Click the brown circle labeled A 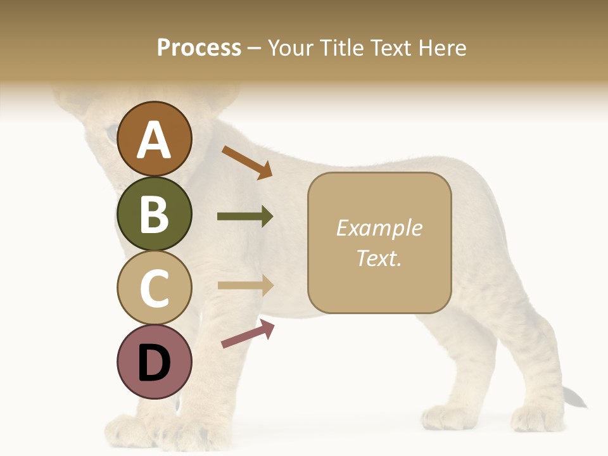click(x=155, y=139)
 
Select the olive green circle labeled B click(x=155, y=213)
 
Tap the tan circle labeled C click(x=155, y=288)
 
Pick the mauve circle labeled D click(x=155, y=362)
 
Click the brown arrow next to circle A click(x=247, y=162)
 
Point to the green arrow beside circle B click(x=245, y=217)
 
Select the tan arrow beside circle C click(x=245, y=286)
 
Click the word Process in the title click(x=199, y=47)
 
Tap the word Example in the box click(x=379, y=228)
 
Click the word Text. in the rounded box click(x=379, y=258)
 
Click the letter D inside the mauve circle click(x=155, y=364)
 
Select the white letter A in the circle click(x=155, y=140)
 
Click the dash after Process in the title click(x=255, y=48)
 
